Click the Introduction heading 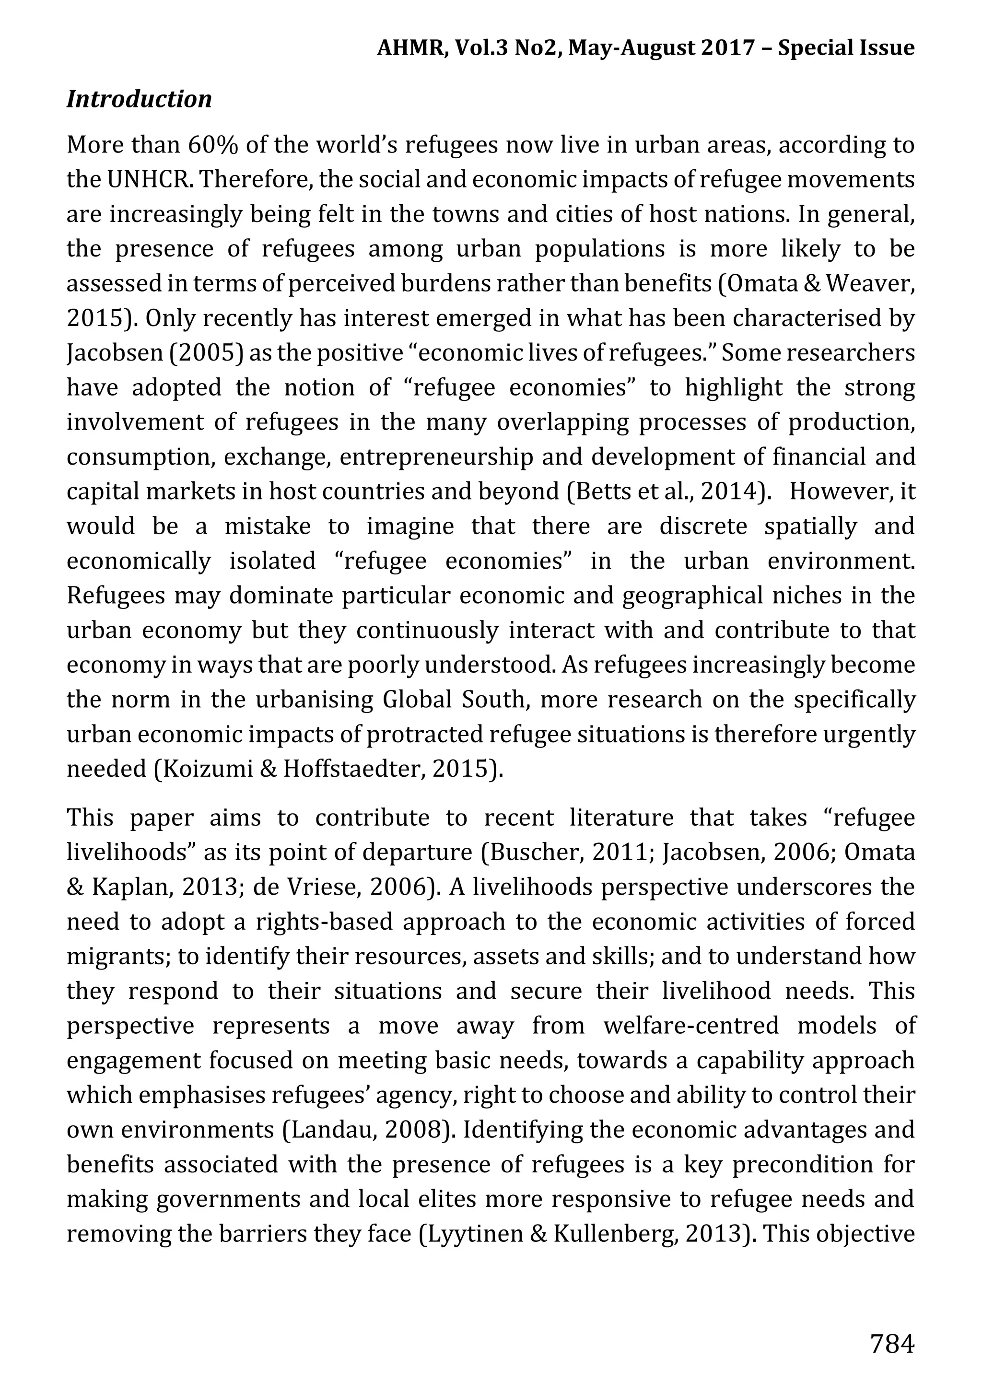(140, 99)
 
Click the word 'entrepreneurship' (436, 457)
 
